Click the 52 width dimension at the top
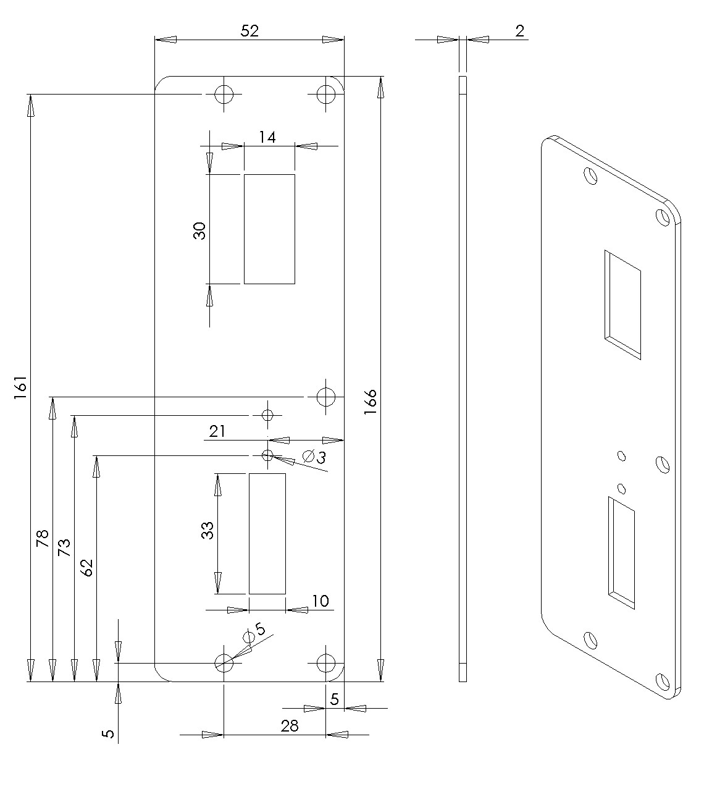tap(249, 31)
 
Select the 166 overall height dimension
tap(371, 402)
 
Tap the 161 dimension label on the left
tap(20, 387)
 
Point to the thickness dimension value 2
tap(520, 31)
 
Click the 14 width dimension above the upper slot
tap(267, 137)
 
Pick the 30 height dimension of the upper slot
tap(199, 231)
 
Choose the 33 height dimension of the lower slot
tap(207, 530)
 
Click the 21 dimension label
tap(217, 431)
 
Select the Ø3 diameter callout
tap(314, 457)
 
